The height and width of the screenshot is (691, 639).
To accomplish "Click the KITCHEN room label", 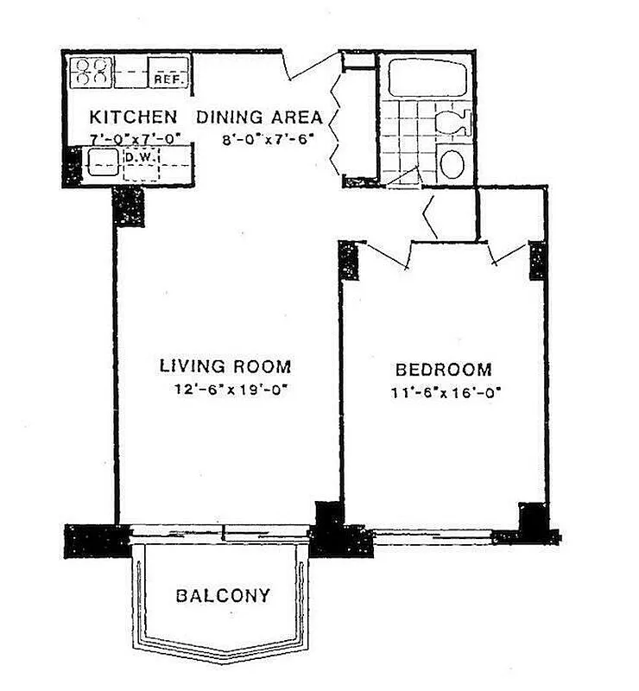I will coord(134,117).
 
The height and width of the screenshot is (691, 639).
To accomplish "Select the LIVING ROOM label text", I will coord(225,365).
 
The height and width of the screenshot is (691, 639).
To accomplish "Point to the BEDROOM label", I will coord(443,370).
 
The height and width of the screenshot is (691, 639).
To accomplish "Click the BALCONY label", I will coord(223,595).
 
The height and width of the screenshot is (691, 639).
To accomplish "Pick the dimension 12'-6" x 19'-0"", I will coord(230,390).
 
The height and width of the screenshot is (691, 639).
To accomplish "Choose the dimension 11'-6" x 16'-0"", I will coord(446,392).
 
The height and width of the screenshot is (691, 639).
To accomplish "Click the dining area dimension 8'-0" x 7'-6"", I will coord(264,136).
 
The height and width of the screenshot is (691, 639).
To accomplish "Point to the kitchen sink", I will coord(102,162).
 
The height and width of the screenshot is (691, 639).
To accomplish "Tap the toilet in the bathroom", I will coord(453,122).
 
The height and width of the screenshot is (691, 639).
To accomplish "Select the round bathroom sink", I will coord(452,162).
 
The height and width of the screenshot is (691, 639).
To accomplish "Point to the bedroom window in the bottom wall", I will coord(432,535).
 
